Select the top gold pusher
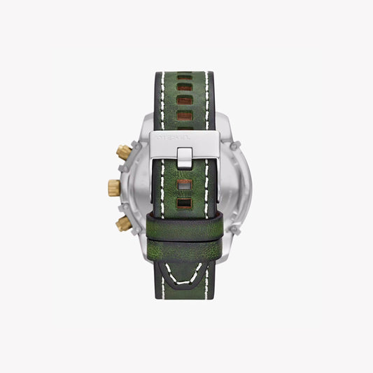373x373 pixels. point(123,151)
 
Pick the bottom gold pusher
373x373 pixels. point(123,223)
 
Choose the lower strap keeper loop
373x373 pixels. point(186,239)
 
